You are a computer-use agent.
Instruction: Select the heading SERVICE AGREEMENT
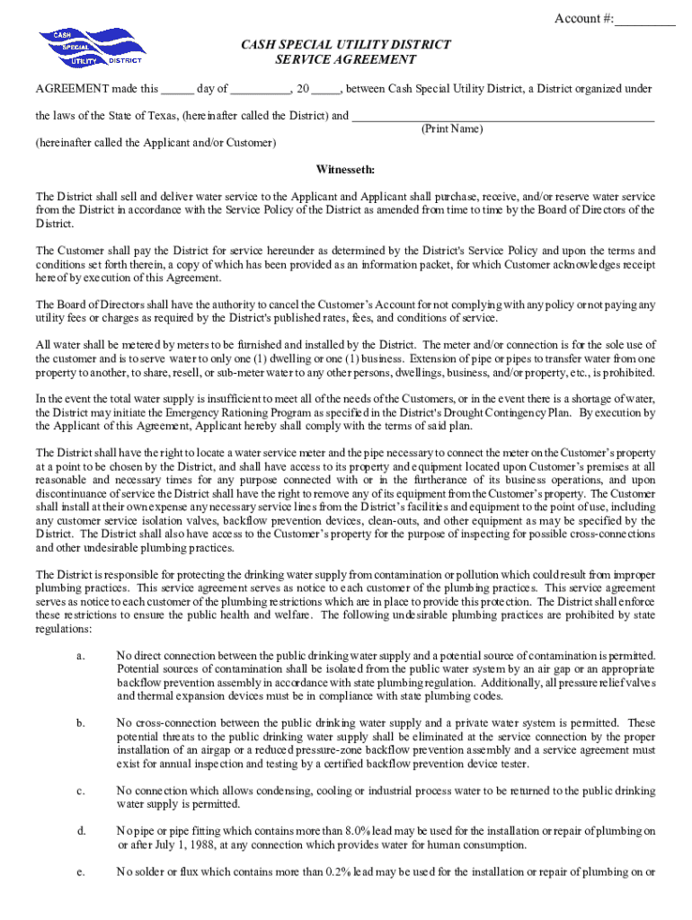click(x=345, y=60)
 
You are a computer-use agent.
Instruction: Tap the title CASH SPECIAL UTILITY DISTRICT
click(x=345, y=44)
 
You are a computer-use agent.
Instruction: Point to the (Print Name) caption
click(x=452, y=130)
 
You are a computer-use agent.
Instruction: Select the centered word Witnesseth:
click(x=345, y=170)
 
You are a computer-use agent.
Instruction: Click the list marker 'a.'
click(x=81, y=656)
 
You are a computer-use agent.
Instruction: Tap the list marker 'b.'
click(x=81, y=723)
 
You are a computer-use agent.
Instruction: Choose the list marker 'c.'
click(x=81, y=792)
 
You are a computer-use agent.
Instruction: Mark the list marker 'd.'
click(x=81, y=831)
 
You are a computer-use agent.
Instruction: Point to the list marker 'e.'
click(x=81, y=872)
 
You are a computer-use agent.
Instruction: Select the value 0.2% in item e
click(x=351, y=872)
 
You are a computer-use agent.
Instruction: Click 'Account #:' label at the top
click(x=584, y=19)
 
